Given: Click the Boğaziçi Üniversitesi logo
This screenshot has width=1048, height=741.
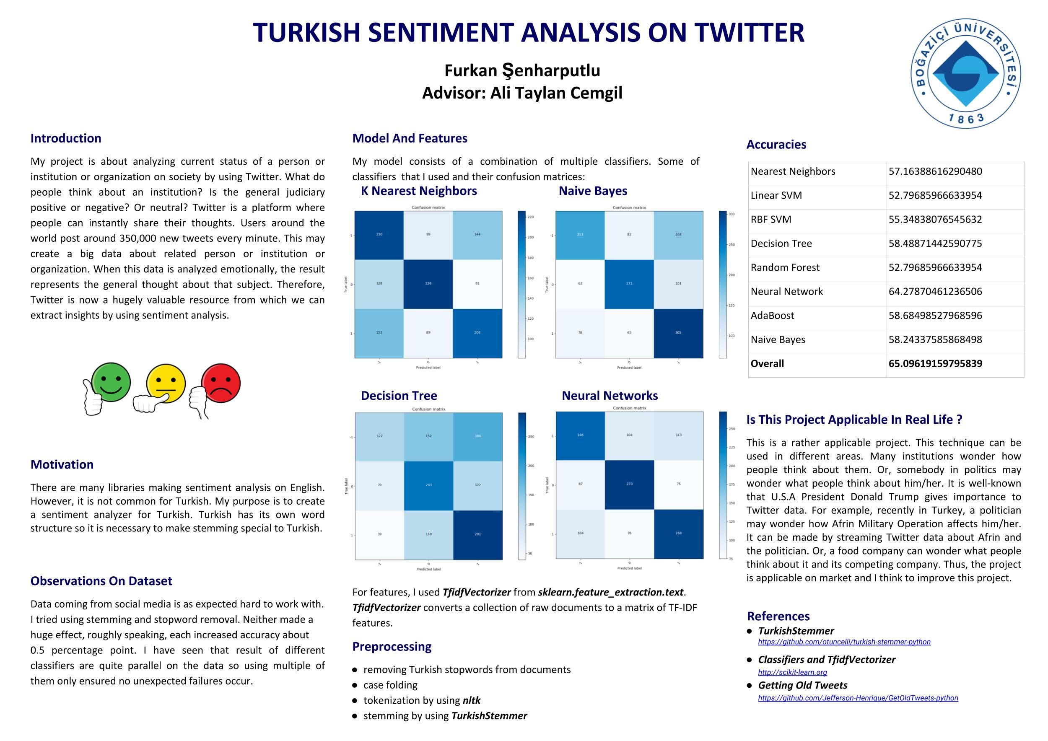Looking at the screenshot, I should click(966, 73).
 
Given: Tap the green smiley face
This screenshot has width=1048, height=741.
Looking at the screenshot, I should click(111, 382).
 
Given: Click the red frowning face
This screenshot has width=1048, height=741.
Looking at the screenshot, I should click(221, 383).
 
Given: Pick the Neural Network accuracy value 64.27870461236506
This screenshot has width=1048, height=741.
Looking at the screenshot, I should click(935, 292).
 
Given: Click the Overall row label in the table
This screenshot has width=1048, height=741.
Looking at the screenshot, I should click(767, 364).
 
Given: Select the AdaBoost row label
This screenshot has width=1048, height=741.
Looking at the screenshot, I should click(772, 316).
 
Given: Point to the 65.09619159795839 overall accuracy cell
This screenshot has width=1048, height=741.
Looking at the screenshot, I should click(935, 364).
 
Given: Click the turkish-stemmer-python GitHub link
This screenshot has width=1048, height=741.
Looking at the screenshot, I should click(844, 642).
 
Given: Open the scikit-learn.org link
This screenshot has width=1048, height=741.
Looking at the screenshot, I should click(792, 672).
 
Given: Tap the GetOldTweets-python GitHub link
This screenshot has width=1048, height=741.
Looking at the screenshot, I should click(858, 698).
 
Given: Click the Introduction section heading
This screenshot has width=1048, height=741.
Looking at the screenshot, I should click(66, 138).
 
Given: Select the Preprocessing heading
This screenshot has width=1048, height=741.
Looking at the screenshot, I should click(392, 647).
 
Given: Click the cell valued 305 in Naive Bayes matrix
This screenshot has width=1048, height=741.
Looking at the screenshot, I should click(678, 333).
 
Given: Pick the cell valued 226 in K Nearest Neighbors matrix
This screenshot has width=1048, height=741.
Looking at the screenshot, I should click(428, 284).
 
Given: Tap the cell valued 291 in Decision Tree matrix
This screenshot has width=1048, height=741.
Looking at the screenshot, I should click(477, 534).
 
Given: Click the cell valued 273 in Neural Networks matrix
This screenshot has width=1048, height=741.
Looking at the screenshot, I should click(630, 484).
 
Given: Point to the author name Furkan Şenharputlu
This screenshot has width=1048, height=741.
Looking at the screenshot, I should click(522, 71).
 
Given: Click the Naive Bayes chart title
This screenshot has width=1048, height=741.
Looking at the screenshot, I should click(593, 191).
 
